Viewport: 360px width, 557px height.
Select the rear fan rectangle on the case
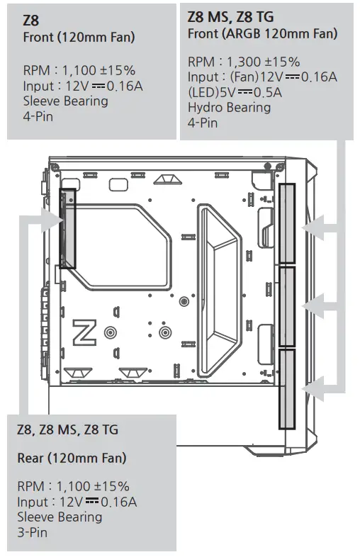(x=67, y=228)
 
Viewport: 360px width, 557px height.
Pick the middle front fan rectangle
(x=288, y=306)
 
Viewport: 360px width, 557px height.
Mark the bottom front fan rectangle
(x=288, y=389)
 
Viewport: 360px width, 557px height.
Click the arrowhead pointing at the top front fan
(x=310, y=228)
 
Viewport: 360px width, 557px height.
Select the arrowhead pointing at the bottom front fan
(x=310, y=387)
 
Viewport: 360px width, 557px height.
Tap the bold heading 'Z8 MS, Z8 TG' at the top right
(x=230, y=16)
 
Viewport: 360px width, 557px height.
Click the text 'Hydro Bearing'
(x=229, y=107)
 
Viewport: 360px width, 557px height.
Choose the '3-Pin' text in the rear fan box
(x=32, y=531)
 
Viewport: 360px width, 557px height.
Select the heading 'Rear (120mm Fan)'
(x=72, y=458)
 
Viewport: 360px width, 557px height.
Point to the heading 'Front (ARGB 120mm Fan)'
(x=262, y=33)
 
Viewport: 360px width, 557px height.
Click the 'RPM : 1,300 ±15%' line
(x=244, y=62)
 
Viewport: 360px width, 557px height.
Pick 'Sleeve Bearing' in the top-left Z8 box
(x=66, y=101)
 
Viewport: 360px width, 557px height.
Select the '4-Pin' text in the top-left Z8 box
(x=38, y=116)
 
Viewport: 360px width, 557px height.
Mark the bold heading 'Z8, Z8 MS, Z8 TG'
(x=67, y=429)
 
